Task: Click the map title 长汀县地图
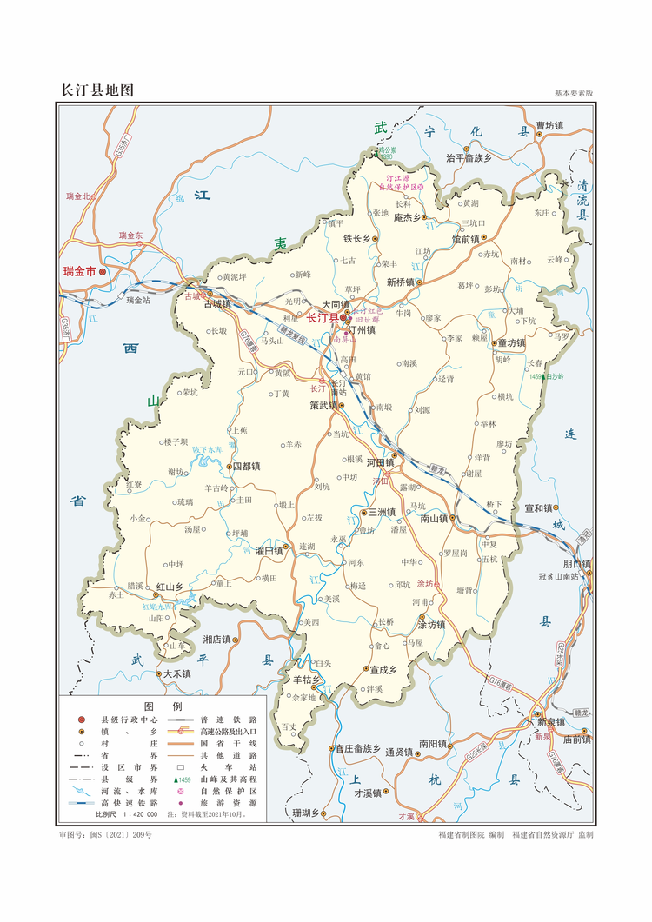[x=96, y=90]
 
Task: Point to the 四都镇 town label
[x=245, y=467]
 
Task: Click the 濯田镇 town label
[x=269, y=551]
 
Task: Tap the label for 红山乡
[x=170, y=587]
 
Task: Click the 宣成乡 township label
[x=383, y=670]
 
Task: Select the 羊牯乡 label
[x=307, y=679]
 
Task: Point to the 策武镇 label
[x=323, y=405]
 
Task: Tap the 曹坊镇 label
[x=549, y=126]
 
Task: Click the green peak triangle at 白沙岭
[x=543, y=377]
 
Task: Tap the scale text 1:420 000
[x=139, y=816]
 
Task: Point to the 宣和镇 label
[x=539, y=507]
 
